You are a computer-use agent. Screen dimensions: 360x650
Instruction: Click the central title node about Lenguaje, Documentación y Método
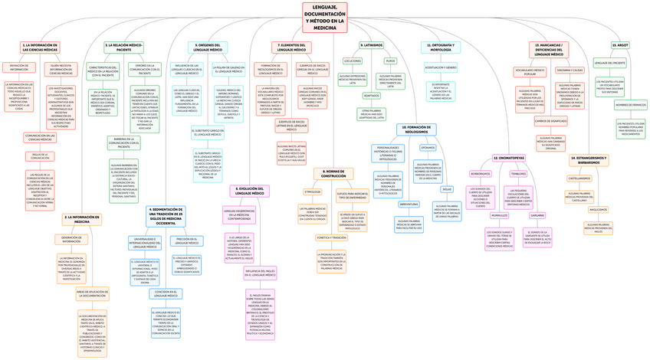click(325, 16)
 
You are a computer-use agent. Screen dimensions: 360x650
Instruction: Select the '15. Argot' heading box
click(621, 45)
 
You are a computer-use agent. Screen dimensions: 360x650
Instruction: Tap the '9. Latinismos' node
click(371, 45)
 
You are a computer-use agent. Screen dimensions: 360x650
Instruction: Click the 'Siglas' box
click(447, 188)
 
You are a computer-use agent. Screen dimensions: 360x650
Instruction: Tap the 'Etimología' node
click(312, 191)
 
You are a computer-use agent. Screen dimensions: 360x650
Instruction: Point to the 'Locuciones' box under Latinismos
click(353, 60)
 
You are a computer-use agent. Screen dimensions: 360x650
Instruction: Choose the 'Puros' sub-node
click(390, 60)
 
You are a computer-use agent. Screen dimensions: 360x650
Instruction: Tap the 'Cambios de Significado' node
click(550, 121)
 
